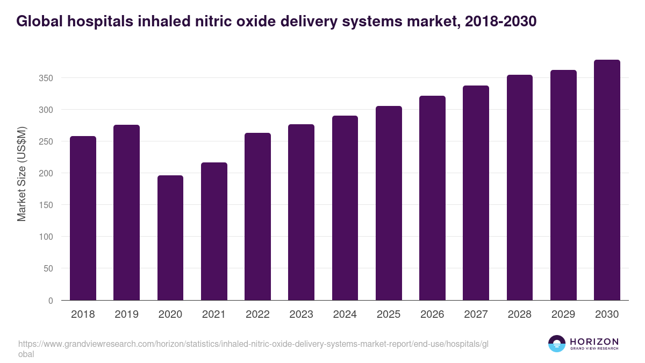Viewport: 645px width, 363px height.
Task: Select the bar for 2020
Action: coord(170,238)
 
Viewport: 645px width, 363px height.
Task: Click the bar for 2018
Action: coord(83,218)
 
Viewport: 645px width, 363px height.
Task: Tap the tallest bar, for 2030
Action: coord(607,180)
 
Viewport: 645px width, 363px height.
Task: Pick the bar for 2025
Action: coord(389,203)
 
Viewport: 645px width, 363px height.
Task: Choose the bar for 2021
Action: coord(214,231)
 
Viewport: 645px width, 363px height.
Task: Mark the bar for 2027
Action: coord(476,193)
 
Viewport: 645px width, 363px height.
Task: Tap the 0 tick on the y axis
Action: coord(51,300)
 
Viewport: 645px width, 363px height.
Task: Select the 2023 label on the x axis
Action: coord(301,315)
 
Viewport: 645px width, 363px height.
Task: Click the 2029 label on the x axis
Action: coord(563,315)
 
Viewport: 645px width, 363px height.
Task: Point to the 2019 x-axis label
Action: coord(126,315)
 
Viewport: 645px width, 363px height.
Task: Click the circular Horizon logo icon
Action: coord(557,344)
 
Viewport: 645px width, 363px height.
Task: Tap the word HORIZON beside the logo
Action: coord(594,341)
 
